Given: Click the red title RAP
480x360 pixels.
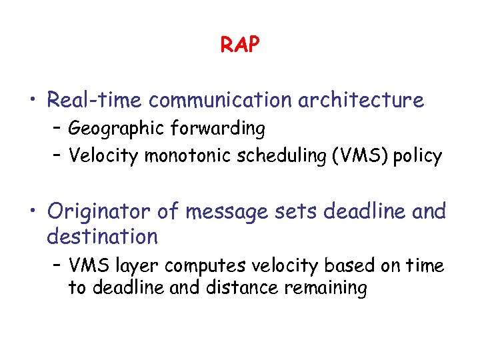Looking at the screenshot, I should click(240, 45).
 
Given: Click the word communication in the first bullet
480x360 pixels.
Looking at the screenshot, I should click(220, 100).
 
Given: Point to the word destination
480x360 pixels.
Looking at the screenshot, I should click(102, 236).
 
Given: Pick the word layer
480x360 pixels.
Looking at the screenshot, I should click(139, 266).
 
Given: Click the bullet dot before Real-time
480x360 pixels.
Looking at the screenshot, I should click(32, 101).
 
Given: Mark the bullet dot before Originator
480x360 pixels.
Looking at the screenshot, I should click(32, 212).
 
